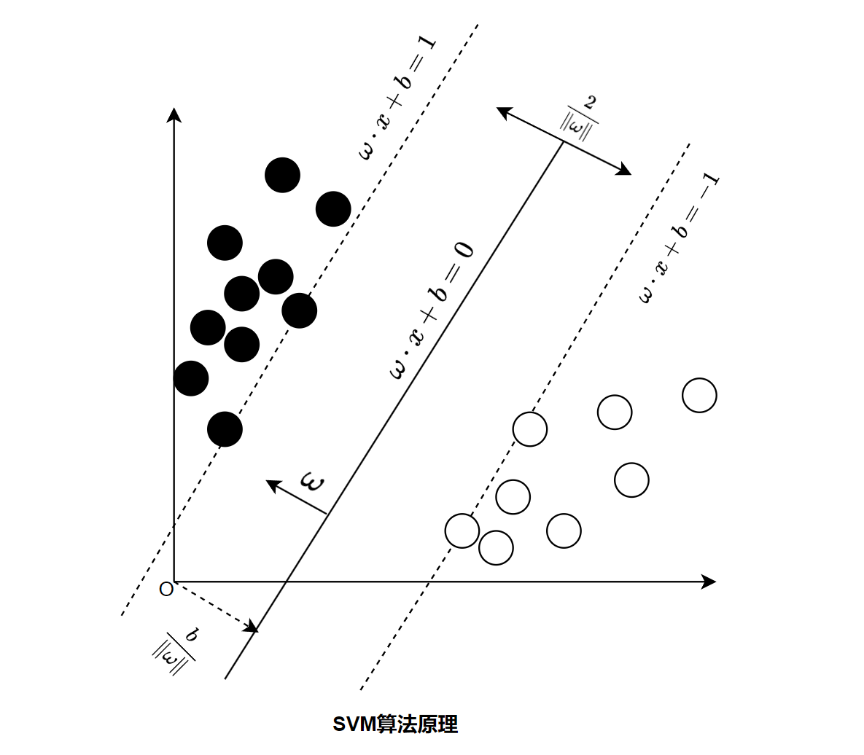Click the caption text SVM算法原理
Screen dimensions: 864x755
click(x=395, y=724)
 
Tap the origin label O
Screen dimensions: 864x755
click(x=166, y=589)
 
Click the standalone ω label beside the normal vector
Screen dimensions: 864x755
click(x=313, y=483)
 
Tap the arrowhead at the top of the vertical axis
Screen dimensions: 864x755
click(x=174, y=114)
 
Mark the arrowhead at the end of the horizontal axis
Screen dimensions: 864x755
click(x=709, y=582)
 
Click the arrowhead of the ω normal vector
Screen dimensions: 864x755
click(x=272, y=484)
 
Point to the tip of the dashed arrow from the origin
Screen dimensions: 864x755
click(x=252, y=627)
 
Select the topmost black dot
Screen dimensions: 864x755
click(x=282, y=175)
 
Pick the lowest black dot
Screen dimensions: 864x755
click(x=225, y=429)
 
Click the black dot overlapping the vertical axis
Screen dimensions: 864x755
click(x=191, y=378)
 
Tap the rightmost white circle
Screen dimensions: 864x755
click(x=699, y=396)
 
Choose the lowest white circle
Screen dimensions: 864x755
click(x=496, y=547)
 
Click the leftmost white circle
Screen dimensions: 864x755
click(x=462, y=531)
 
